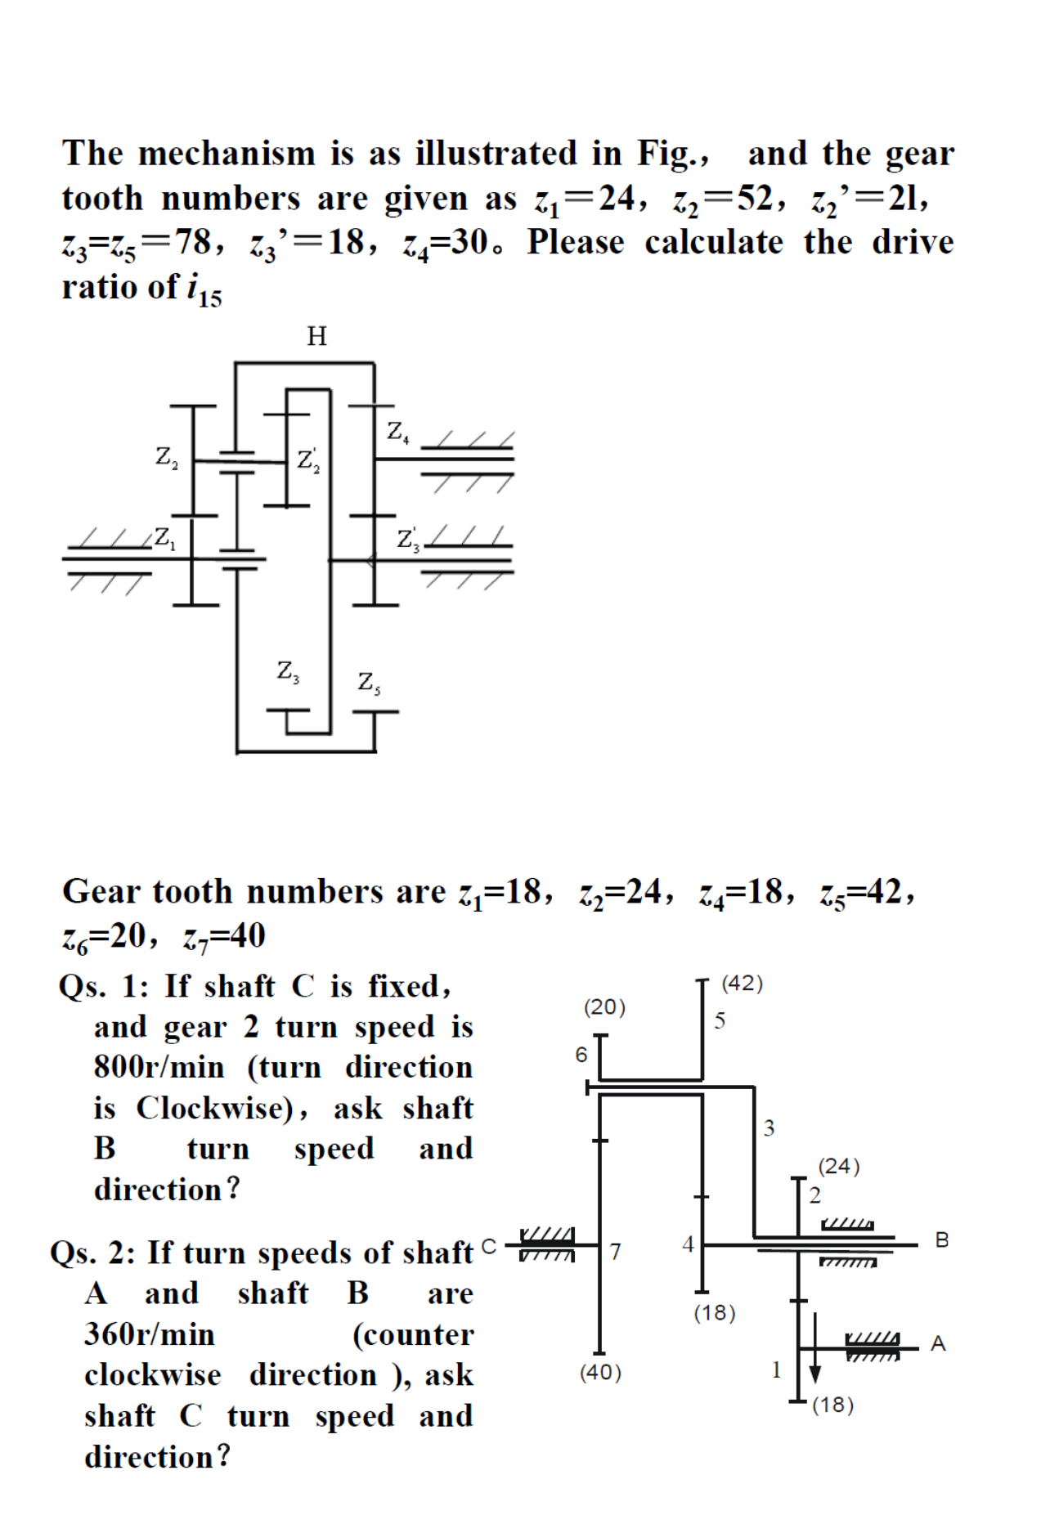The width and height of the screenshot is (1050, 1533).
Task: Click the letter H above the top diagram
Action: (x=316, y=336)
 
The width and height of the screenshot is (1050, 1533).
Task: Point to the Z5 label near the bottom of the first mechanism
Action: (x=369, y=682)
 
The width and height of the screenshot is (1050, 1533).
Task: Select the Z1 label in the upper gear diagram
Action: (x=164, y=538)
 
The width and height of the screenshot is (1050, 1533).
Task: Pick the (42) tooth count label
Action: (x=742, y=984)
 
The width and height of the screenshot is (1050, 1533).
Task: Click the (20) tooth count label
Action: (x=604, y=1007)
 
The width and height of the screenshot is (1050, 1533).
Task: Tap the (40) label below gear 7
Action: (x=601, y=1373)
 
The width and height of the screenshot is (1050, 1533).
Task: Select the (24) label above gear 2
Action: (x=839, y=1166)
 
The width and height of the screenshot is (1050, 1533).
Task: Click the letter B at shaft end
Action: (x=942, y=1240)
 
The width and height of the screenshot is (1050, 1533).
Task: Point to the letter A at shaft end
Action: (x=938, y=1343)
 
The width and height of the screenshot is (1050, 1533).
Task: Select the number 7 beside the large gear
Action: (x=616, y=1252)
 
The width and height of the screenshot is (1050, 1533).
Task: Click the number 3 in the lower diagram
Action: (x=769, y=1128)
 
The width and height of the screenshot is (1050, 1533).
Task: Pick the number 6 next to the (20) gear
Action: (x=581, y=1055)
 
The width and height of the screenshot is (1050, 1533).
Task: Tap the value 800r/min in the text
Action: (x=159, y=1067)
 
